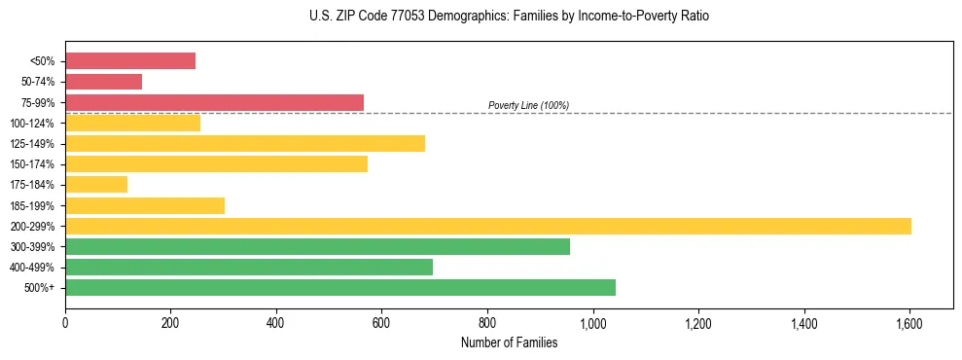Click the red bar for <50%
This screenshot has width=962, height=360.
130,61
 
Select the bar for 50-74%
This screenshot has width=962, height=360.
104,82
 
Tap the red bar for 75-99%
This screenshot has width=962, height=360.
214,102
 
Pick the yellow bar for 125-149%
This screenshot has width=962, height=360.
245,144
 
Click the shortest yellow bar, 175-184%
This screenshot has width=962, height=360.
96,185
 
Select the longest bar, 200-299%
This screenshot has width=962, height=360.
488,226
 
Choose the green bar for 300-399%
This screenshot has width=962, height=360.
317,246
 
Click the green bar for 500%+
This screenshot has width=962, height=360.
340,287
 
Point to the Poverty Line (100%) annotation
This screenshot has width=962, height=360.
528,105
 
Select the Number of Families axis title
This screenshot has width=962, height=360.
509,342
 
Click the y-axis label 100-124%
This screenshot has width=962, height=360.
32,124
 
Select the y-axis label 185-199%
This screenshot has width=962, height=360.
32,205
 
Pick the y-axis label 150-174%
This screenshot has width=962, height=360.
32,164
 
